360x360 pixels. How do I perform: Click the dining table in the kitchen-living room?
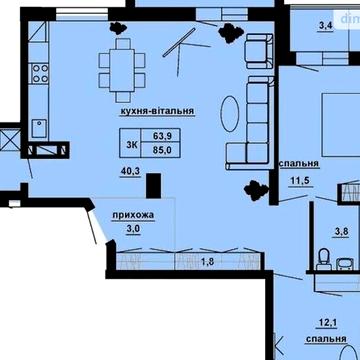(121, 68)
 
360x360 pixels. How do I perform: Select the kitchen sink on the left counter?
(37, 126)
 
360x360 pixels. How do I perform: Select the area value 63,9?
(162, 135)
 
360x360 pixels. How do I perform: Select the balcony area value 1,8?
(208, 261)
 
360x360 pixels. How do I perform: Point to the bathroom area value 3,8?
(340, 232)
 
